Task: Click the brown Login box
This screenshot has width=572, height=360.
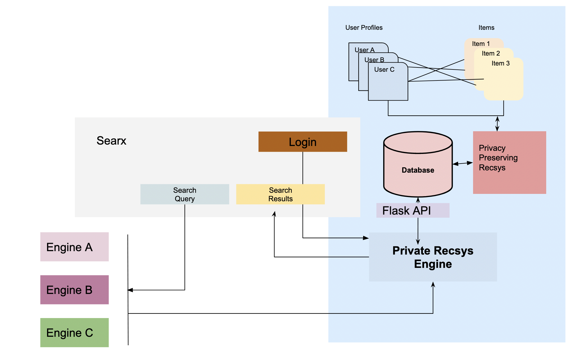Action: point(302,142)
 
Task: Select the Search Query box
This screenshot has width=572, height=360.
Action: point(185,194)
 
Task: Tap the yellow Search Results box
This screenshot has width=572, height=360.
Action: point(280,194)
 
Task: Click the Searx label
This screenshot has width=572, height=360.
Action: point(111,141)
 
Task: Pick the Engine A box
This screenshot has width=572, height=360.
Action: point(74,247)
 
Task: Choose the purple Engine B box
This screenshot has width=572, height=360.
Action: point(74,290)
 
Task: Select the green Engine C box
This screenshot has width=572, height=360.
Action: point(74,333)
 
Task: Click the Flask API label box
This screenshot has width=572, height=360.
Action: point(412,211)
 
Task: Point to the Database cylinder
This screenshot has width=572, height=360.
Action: point(418,170)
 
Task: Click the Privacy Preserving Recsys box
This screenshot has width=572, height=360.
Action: point(509,162)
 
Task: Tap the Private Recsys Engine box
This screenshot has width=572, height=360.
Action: point(433,257)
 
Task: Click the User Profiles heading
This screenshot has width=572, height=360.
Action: point(364,27)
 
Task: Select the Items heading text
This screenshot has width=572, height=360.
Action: point(486,27)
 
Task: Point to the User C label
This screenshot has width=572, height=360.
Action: point(384,69)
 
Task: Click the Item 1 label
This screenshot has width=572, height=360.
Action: point(481,44)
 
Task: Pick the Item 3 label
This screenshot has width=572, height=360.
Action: point(500,63)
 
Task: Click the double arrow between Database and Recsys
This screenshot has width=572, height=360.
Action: point(463,163)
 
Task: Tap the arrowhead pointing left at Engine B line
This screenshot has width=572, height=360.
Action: point(130,290)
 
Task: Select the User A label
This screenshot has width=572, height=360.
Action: point(365,50)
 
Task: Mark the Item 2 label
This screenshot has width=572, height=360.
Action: point(491,53)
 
